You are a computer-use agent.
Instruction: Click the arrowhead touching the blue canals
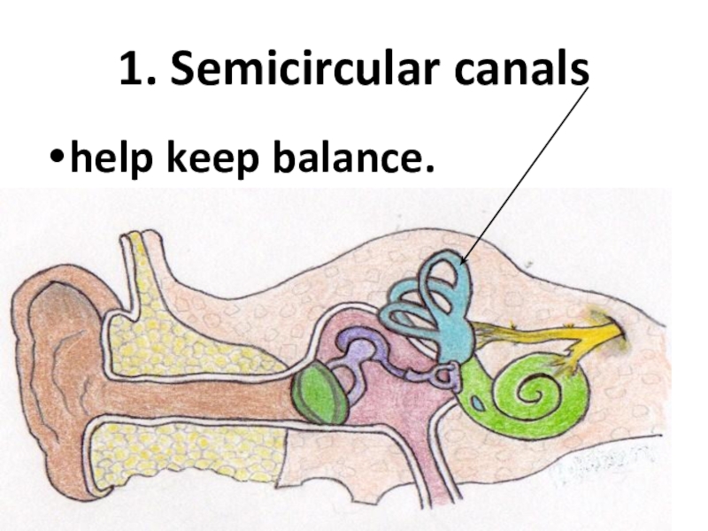coord(463,259)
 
